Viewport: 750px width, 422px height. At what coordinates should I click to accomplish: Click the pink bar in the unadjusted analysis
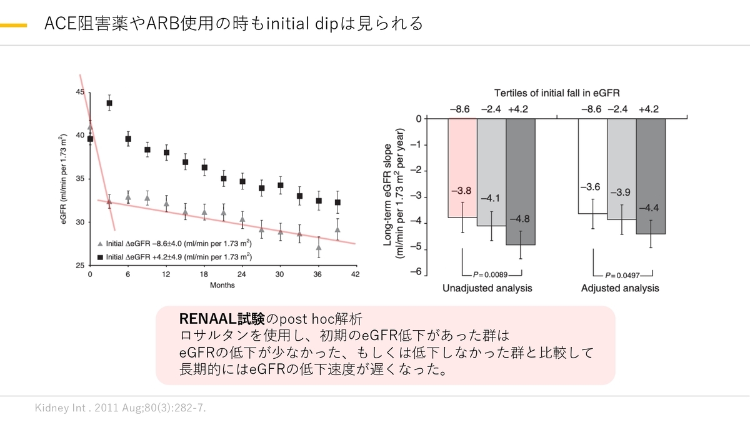pyautogui.click(x=462, y=168)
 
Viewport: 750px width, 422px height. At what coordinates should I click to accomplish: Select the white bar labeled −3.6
pyautogui.click(x=592, y=166)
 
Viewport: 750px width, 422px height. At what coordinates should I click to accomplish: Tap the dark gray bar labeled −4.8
pyautogui.click(x=520, y=181)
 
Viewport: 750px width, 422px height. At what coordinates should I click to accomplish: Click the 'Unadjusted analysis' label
pyautogui.click(x=487, y=288)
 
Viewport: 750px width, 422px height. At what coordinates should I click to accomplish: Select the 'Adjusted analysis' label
pyautogui.click(x=620, y=288)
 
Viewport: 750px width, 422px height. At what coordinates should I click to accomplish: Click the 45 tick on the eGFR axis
pyautogui.click(x=79, y=92)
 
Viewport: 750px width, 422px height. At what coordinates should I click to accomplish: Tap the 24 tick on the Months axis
pyautogui.click(x=242, y=274)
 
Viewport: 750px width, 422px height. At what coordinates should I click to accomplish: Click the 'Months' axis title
pyautogui.click(x=222, y=285)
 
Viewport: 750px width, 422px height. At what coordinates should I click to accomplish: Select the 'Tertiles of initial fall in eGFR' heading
pyautogui.click(x=557, y=93)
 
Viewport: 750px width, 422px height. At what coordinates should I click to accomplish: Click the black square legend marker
pyautogui.click(x=100, y=257)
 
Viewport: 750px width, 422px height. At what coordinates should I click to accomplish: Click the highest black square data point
pyautogui.click(x=109, y=103)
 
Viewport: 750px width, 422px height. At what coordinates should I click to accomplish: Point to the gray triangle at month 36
pyautogui.click(x=318, y=248)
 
